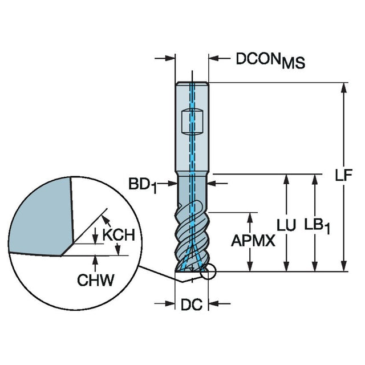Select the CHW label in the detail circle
point(95,279)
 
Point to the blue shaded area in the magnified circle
point(40,217)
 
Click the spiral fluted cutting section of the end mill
point(192,234)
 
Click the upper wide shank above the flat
point(192,94)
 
